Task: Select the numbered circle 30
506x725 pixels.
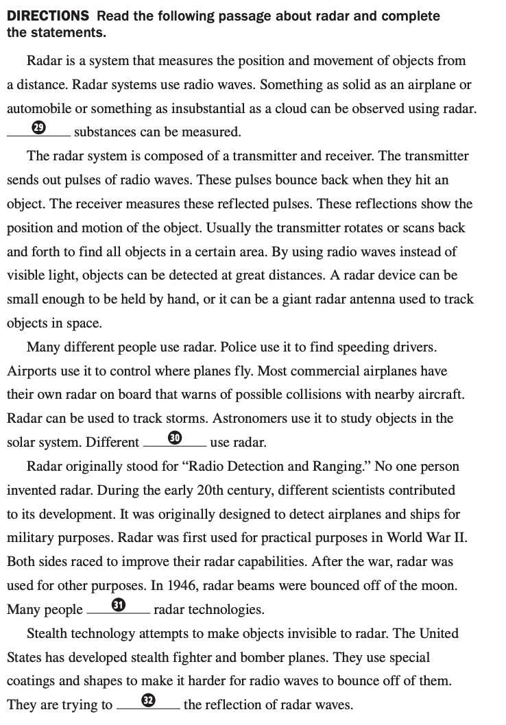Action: pos(174,437)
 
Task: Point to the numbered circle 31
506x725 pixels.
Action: pos(118,604)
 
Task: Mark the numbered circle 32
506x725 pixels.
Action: pos(148,700)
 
